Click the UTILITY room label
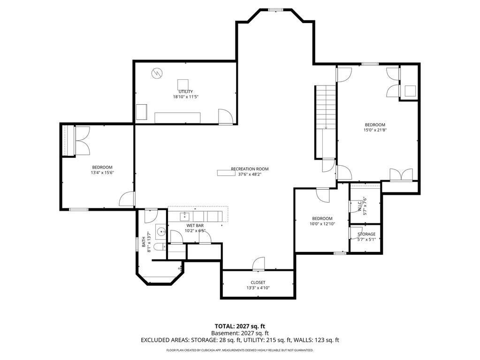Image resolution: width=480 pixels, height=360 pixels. tap(186, 92)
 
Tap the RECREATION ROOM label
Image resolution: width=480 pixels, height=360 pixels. tap(250, 169)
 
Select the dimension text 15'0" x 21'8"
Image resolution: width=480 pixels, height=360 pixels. tap(375, 130)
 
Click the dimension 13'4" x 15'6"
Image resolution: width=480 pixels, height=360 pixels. tap(102, 173)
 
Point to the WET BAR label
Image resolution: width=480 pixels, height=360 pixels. tap(195, 226)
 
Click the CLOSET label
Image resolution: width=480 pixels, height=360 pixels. tap(258, 283)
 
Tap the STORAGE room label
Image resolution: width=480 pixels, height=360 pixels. tap(366, 234)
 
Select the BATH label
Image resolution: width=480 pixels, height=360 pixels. tap(144, 242)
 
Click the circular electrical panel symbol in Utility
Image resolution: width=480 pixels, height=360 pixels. tap(157, 73)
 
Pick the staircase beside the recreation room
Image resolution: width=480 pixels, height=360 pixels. tap(327, 122)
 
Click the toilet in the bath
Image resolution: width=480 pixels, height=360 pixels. tap(160, 246)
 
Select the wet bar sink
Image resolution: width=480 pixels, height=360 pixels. tap(184, 216)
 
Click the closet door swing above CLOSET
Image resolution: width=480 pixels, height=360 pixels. tap(259, 264)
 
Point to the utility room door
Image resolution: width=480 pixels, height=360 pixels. tap(226, 116)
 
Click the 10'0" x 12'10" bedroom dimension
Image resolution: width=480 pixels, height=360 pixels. tap(322, 224)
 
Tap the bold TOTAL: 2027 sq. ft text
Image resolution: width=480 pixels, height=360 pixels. tap(239, 326)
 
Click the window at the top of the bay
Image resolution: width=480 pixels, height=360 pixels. tap(276, 10)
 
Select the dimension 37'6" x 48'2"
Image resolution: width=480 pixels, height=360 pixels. tap(250, 175)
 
